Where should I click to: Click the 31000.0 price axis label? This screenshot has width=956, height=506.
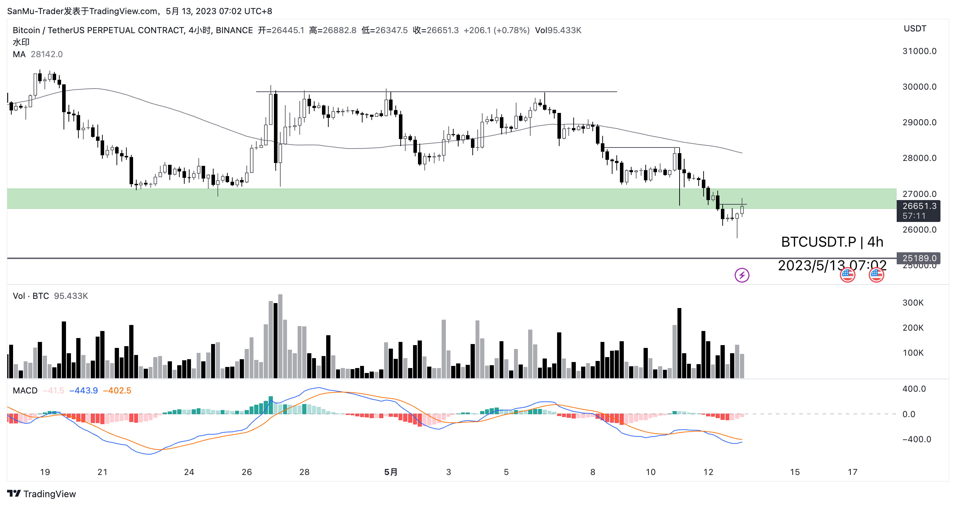(919, 51)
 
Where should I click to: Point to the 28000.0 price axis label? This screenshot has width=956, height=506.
(919, 158)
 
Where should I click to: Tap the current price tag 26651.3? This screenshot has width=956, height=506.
(919, 206)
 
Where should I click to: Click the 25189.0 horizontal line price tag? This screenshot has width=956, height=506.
(919, 258)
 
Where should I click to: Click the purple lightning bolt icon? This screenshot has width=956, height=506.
(741, 275)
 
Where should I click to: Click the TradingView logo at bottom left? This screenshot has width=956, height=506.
(42, 494)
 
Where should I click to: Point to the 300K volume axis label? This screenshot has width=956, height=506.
(913, 303)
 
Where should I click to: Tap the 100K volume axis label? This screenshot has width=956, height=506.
(913, 353)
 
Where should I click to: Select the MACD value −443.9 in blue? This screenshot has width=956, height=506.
(84, 391)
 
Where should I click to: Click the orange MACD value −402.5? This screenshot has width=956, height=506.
(117, 391)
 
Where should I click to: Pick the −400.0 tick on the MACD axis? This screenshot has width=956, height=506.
(916, 439)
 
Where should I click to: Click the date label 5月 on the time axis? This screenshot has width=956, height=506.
(390, 472)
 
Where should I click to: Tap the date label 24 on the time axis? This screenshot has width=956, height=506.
(189, 472)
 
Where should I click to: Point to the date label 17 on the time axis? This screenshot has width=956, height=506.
(852, 472)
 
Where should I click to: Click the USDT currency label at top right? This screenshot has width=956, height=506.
(914, 29)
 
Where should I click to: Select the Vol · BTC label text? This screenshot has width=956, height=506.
(31, 296)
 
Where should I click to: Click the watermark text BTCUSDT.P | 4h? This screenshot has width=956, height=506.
(832, 242)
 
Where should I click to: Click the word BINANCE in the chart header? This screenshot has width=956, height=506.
(234, 30)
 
